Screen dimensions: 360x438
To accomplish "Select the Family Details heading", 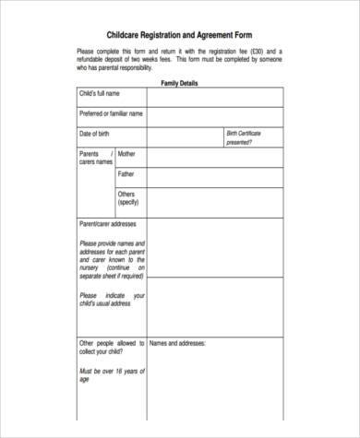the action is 180,83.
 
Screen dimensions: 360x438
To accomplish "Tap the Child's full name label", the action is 101,95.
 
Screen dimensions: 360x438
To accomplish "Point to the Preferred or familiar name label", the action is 111,114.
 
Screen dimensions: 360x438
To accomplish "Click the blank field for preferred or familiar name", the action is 214,115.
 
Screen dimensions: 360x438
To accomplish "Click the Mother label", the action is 126,154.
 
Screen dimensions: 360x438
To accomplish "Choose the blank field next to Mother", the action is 214,156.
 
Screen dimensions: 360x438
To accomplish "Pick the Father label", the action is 126,173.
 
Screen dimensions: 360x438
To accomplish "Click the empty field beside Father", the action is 214,175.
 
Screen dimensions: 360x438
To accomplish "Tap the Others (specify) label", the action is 127,198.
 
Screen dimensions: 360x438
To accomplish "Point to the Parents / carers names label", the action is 96,158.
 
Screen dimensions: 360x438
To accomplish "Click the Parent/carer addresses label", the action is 109,224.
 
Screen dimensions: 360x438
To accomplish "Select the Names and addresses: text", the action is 177,343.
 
